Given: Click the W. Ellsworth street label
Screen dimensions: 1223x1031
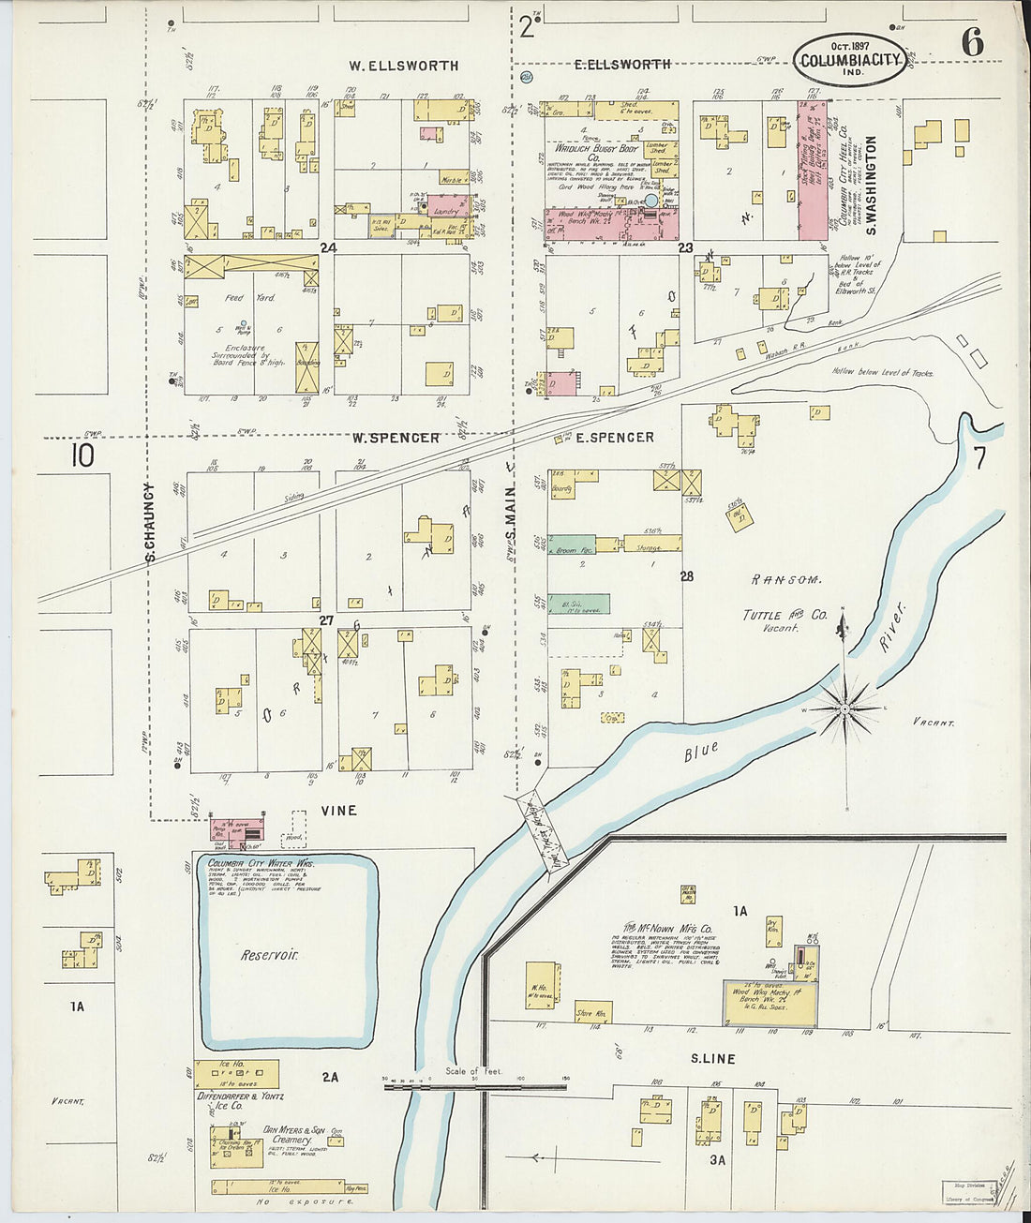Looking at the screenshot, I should pyautogui.click(x=403, y=66).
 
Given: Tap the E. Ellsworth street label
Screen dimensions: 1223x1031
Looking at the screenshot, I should pyautogui.click(x=622, y=64).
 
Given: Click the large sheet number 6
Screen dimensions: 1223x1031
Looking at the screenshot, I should pyautogui.click(x=971, y=42).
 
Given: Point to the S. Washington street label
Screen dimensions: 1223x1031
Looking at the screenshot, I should pyautogui.click(x=871, y=185).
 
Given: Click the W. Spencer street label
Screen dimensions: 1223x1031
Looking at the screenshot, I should pyautogui.click(x=396, y=438).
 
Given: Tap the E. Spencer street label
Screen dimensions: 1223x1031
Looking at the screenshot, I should pyautogui.click(x=615, y=438).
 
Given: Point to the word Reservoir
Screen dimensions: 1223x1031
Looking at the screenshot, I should pyautogui.click(x=269, y=955).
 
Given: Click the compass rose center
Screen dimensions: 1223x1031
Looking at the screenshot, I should pyautogui.click(x=845, y=708).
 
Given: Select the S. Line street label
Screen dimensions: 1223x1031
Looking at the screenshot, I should pyautogui.click(x=712, y=1059).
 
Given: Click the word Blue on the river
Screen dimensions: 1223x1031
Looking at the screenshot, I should pyautogui.click(x=700, y=751).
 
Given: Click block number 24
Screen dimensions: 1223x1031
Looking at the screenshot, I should pyautogui.click(x=327, y=248).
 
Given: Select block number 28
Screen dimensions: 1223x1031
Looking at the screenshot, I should pyautogui.click(x=687, y=576).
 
